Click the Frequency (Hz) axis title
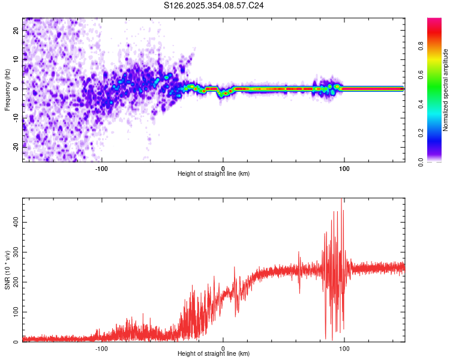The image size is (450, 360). [x=7, y=89]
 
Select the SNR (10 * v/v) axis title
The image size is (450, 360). [x=7, y=270]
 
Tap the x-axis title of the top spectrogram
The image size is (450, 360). [x=214, y=173]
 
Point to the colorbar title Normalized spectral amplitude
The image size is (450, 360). [x=446, y=90]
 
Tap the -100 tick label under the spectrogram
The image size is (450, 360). [x=101, y=167]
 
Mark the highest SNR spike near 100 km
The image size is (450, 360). [x=342, y=200]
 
